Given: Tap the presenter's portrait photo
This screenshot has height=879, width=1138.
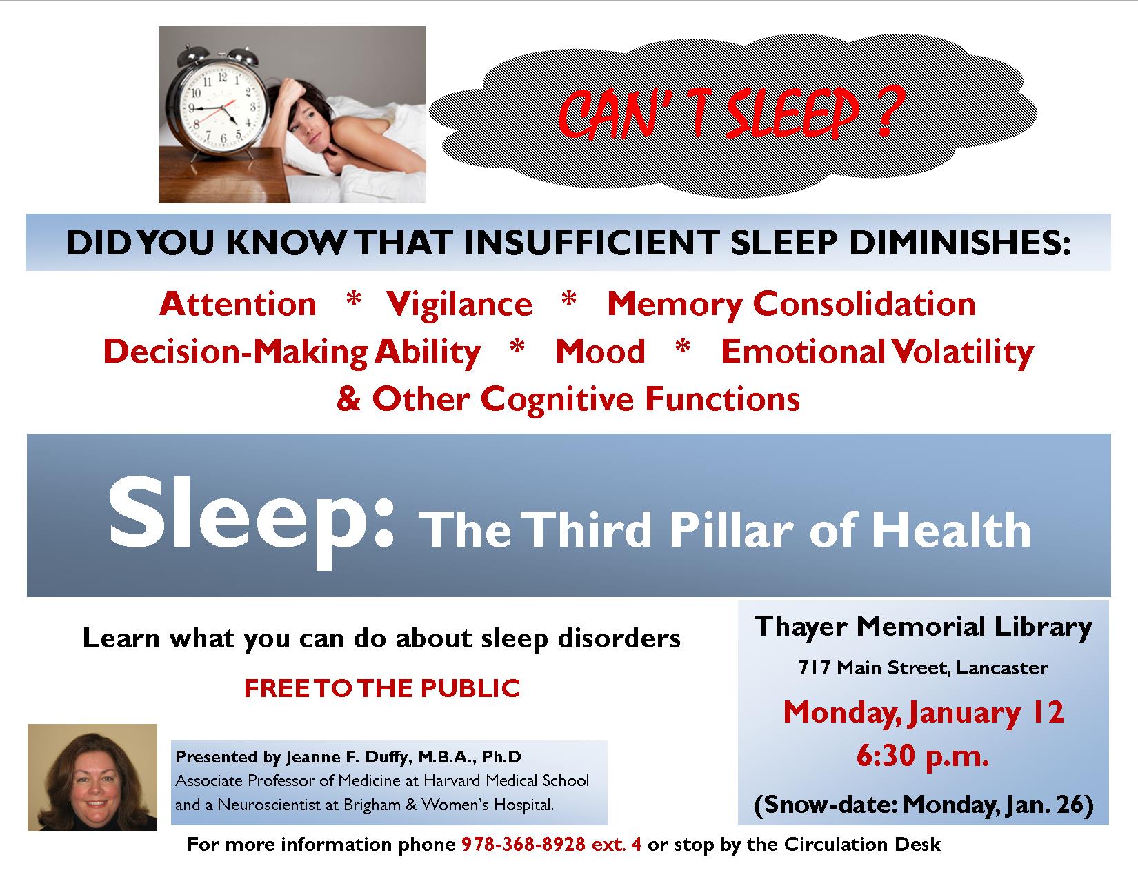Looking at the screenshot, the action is (92, 778).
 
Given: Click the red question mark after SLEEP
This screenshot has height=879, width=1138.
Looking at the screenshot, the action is (888, 112).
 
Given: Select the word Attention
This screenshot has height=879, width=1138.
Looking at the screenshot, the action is (238, 304).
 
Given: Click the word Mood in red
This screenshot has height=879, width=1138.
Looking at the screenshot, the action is (600, 352).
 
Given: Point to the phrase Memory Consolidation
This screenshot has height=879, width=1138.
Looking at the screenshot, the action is (791, 305).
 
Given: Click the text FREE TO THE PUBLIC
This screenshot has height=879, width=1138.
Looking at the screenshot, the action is (382, 689).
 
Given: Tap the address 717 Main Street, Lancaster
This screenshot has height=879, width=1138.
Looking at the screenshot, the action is (924, 668).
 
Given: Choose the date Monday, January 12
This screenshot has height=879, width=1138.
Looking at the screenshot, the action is (924, 714).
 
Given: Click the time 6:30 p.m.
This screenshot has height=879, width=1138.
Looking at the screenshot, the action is (923, 757).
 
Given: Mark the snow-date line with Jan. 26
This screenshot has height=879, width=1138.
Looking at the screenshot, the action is (924, 805).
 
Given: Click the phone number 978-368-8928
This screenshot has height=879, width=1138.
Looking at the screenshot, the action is (523, 845).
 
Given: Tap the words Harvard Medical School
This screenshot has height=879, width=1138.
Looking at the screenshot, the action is (506, 780).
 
